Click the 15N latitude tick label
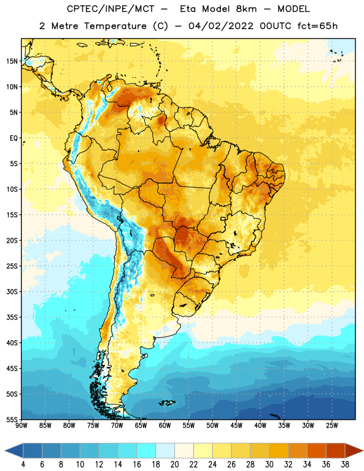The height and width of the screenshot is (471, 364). pyautogui.click(x=12, y=61)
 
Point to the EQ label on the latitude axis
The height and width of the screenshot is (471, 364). pyautogui.click(x=14, y=138)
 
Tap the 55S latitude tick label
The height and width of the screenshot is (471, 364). pyautogui.click(x=12, y=419)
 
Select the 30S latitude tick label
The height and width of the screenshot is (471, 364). pyautogui.click(x=12, y=291)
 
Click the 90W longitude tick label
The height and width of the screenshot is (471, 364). pyautogui.click(x=21, y=426)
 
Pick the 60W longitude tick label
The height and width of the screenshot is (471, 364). pyautogui.click(x=165, y=426)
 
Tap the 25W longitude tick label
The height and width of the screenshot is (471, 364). pyautogui.click(x=332, y=426)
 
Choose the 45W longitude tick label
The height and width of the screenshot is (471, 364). pyautogui.click(x=236, y=426)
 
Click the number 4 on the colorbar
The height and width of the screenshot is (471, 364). pyautogui.click(x=23, y=465)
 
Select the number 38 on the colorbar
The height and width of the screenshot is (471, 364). pyautogui.click(x=345, y=465)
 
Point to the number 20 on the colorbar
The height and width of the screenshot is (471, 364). pyautogui.click(x=174, y=465)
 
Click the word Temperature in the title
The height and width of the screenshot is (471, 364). pyautogui.click(x=115, y=26)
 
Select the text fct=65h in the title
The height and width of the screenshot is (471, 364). pyautogui.click(x=317, y=26)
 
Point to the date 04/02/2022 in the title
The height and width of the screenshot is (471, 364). pyautogui.click(x=221, y=26)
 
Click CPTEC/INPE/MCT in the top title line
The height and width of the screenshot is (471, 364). pyautogui.click(x=111, y=9)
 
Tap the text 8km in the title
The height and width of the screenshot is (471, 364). pyautogui.click(x=246, y=9)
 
